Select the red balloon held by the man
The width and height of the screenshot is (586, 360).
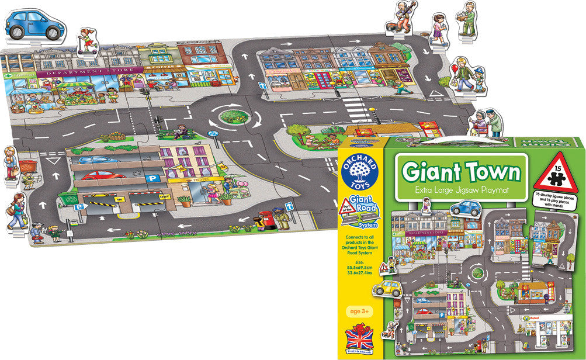pos(456,70)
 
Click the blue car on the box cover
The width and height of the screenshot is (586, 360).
pos(465,207)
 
